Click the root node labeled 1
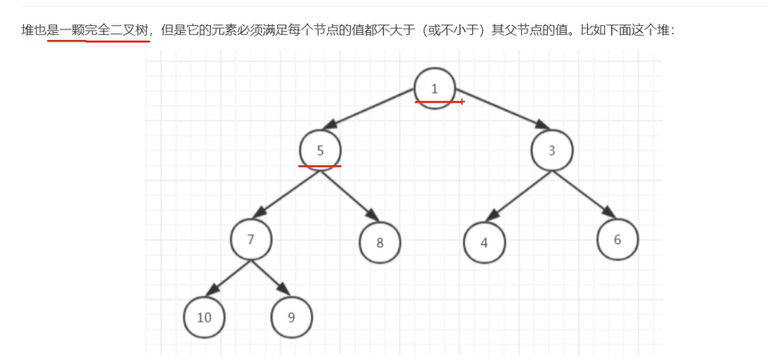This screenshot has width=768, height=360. point(435,88)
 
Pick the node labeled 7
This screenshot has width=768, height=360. point(250,239)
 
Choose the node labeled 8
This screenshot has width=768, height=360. point(380,241)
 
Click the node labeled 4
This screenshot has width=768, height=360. point(484,241)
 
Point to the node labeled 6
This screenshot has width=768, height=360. point(617,240)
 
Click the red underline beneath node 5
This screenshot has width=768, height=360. point(320,165)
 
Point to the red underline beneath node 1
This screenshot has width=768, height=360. point(439,102)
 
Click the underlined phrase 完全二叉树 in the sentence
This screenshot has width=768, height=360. point(118,30)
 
